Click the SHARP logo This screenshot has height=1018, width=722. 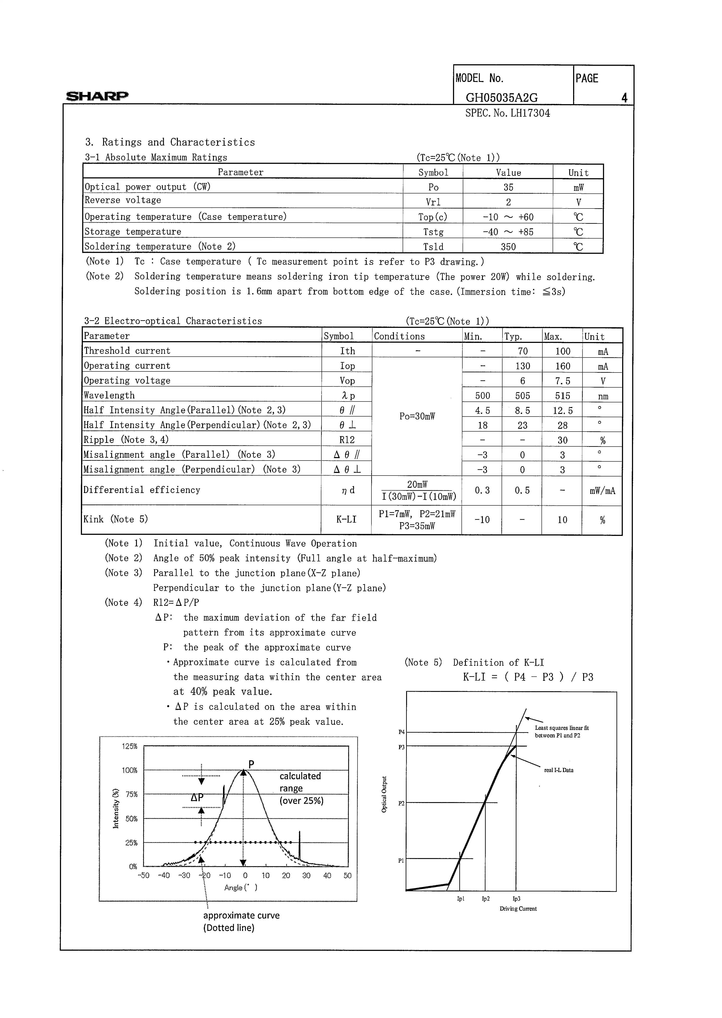(x=97, y=95)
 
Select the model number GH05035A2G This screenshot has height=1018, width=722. (x=501, y=98)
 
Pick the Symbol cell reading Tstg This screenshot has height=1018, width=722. (x=433, y=232)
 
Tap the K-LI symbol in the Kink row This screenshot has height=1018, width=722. (x=346, y=519)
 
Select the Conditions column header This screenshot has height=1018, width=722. (x=399, y=336)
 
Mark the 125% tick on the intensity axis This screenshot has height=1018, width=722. (x=130, y=746)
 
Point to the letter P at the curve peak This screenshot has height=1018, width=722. (x=251, y=764)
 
